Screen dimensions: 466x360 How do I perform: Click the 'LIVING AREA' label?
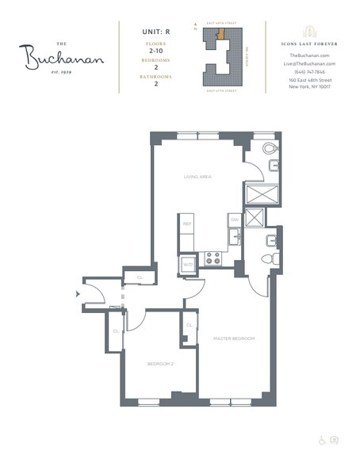click(196, 178)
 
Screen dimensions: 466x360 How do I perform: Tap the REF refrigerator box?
click(187, 224)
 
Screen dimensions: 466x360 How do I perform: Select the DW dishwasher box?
click(234, 220)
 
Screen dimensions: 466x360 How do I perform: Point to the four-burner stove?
click(213, 258)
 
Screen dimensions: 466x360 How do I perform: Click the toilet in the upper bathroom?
click(270, 149)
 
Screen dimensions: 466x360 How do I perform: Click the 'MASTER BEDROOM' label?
click(234, 338)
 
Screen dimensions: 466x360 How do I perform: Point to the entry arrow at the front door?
click(77, 294)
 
